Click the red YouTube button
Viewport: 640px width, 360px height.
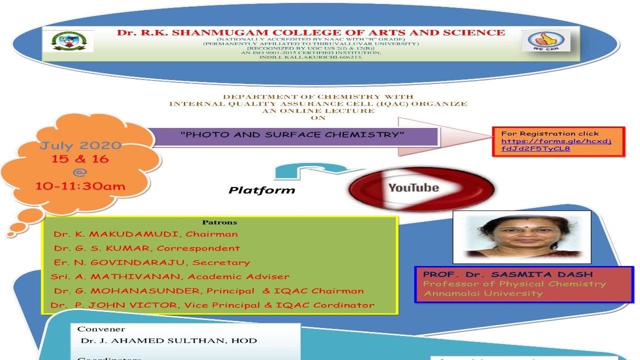pyautogui.click(x=421, y=188)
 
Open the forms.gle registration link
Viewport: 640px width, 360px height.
pyautogui.click(x=556, y=144)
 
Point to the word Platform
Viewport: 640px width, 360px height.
pyautogui.click(x=262, y=190)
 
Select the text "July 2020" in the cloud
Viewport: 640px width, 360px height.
pyautogui.click(x=80, y=146)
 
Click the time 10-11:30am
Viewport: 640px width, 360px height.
pyautogui.click(x=80, y=186)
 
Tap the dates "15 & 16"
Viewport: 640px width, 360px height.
pyautogui.click(x=80, y=159)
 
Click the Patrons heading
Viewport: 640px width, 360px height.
pyautogui.click(x=219, y=222)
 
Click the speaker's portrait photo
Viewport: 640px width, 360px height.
pyautogui.click(x=521, y=236)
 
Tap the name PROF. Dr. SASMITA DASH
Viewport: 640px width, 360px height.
pyautogui.click(x=507, y=274)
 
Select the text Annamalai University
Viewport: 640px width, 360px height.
pyautogui.click(x=483, y=293)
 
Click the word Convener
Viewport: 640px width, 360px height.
pyautogui.click(x=101, y=329)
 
